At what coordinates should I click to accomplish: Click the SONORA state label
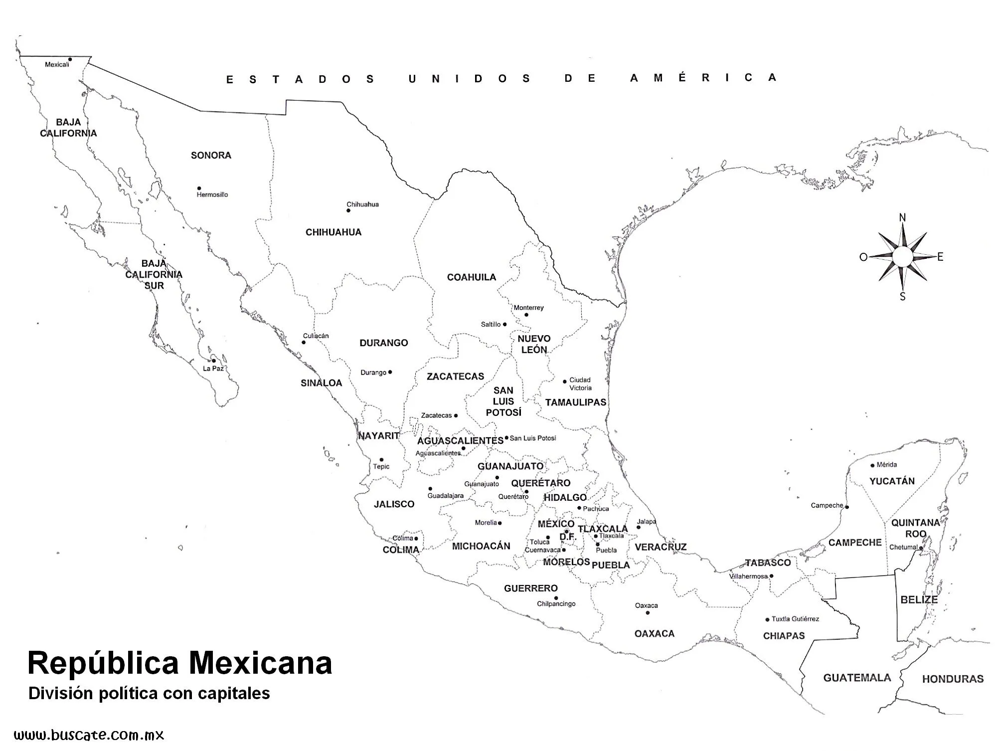211,156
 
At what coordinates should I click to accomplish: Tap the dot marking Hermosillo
199,188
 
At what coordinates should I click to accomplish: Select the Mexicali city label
56,64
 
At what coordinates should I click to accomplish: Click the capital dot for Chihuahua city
348,210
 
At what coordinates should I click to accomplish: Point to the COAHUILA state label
471,277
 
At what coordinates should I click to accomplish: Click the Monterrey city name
528,308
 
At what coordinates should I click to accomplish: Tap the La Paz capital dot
213,361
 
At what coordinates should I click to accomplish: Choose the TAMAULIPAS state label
575,402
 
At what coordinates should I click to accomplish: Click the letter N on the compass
902,217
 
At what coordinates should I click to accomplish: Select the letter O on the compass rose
863,257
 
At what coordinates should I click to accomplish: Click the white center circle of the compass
902,257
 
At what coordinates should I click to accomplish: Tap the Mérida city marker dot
872,465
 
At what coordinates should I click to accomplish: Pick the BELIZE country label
919,600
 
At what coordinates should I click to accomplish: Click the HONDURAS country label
953,679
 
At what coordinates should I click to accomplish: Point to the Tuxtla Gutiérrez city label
795,619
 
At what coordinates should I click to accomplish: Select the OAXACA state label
654,634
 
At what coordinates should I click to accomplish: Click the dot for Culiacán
304,342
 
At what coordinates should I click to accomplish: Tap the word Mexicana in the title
260,663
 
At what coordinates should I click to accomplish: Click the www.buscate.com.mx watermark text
89,735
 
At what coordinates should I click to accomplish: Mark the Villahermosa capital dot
771,576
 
